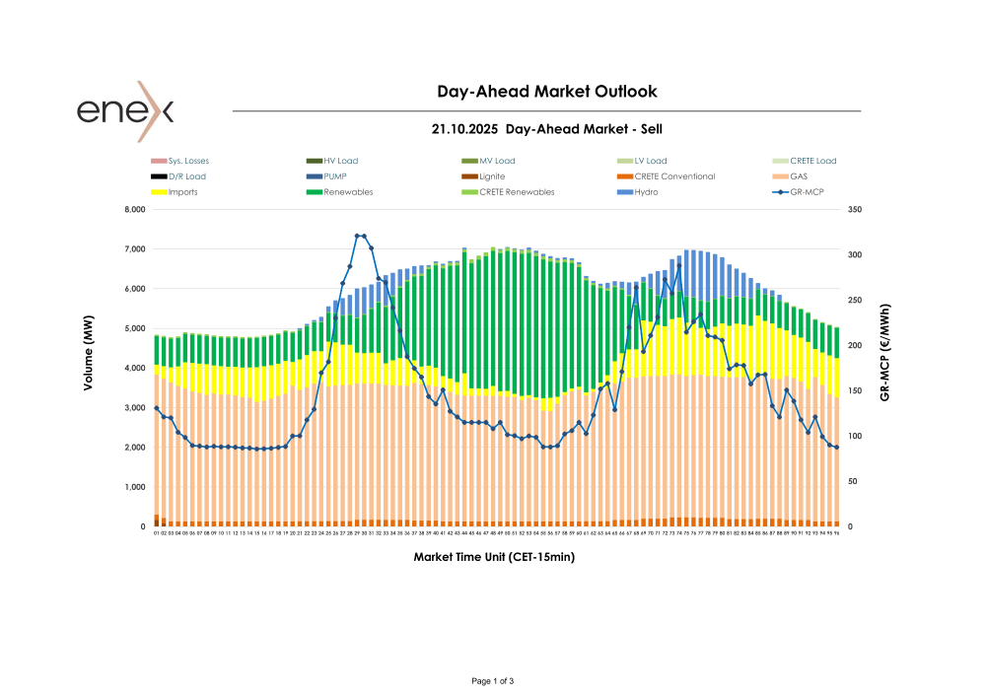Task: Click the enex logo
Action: click(x=125, y=110)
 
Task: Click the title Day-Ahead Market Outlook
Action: click(x=546, y=92)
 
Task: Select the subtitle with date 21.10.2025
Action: click(x=546, y=129)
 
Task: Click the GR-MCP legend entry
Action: click(x=808, y=192)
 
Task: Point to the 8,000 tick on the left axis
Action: click(x=132, y=210)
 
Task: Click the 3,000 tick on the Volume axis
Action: click(x=132, y=408)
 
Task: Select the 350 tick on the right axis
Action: click(x=855, y=210)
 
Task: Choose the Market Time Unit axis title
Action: click(x=494, y=557)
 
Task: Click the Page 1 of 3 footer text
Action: click(x=493, y=681)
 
